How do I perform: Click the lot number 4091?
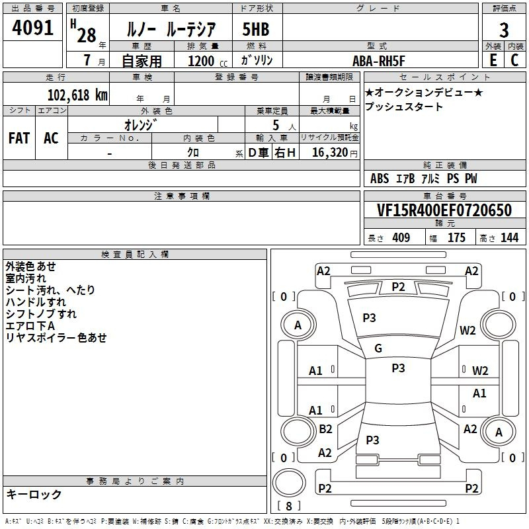32,28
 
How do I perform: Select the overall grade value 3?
504,30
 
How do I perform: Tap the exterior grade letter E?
493,60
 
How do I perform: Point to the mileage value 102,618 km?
77,95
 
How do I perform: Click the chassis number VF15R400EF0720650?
444,210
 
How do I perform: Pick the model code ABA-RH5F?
378,61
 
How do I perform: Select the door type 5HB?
256,29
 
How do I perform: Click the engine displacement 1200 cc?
208,61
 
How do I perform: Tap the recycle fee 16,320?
330,153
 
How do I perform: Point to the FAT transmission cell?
19,138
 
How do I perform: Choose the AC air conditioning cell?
51,138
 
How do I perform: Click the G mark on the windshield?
378,348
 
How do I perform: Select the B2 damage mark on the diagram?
325,429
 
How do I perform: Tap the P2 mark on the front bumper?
398,287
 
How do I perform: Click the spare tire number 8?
289,506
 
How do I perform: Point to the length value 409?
401,238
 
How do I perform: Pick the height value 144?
509,238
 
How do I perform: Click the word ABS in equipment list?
380,179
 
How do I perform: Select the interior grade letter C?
514,60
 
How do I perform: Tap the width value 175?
456,238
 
